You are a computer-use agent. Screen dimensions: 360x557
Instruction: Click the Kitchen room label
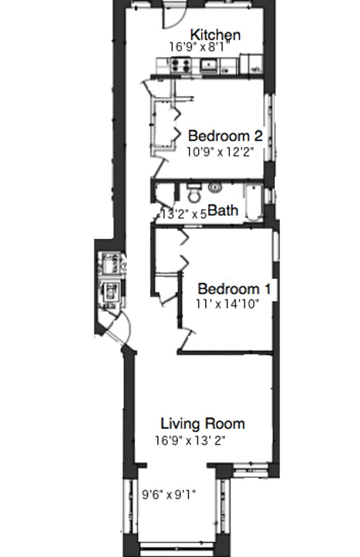216,35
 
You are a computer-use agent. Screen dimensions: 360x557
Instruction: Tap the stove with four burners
181,65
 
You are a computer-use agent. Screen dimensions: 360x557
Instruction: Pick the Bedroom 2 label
225,136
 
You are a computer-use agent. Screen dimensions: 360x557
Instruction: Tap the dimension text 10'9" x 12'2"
220,152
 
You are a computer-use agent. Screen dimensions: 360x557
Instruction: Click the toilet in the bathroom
194,193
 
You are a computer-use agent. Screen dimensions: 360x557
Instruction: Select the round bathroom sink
215,187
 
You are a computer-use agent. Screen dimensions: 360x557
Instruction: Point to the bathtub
253,202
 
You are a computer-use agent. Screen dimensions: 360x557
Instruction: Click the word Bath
223,210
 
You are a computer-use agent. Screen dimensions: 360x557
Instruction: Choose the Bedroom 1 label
234,288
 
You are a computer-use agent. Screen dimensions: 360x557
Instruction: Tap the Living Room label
203,423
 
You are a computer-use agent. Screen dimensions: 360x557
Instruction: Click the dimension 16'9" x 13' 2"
190,440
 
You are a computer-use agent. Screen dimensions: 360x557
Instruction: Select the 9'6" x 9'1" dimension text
169,494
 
